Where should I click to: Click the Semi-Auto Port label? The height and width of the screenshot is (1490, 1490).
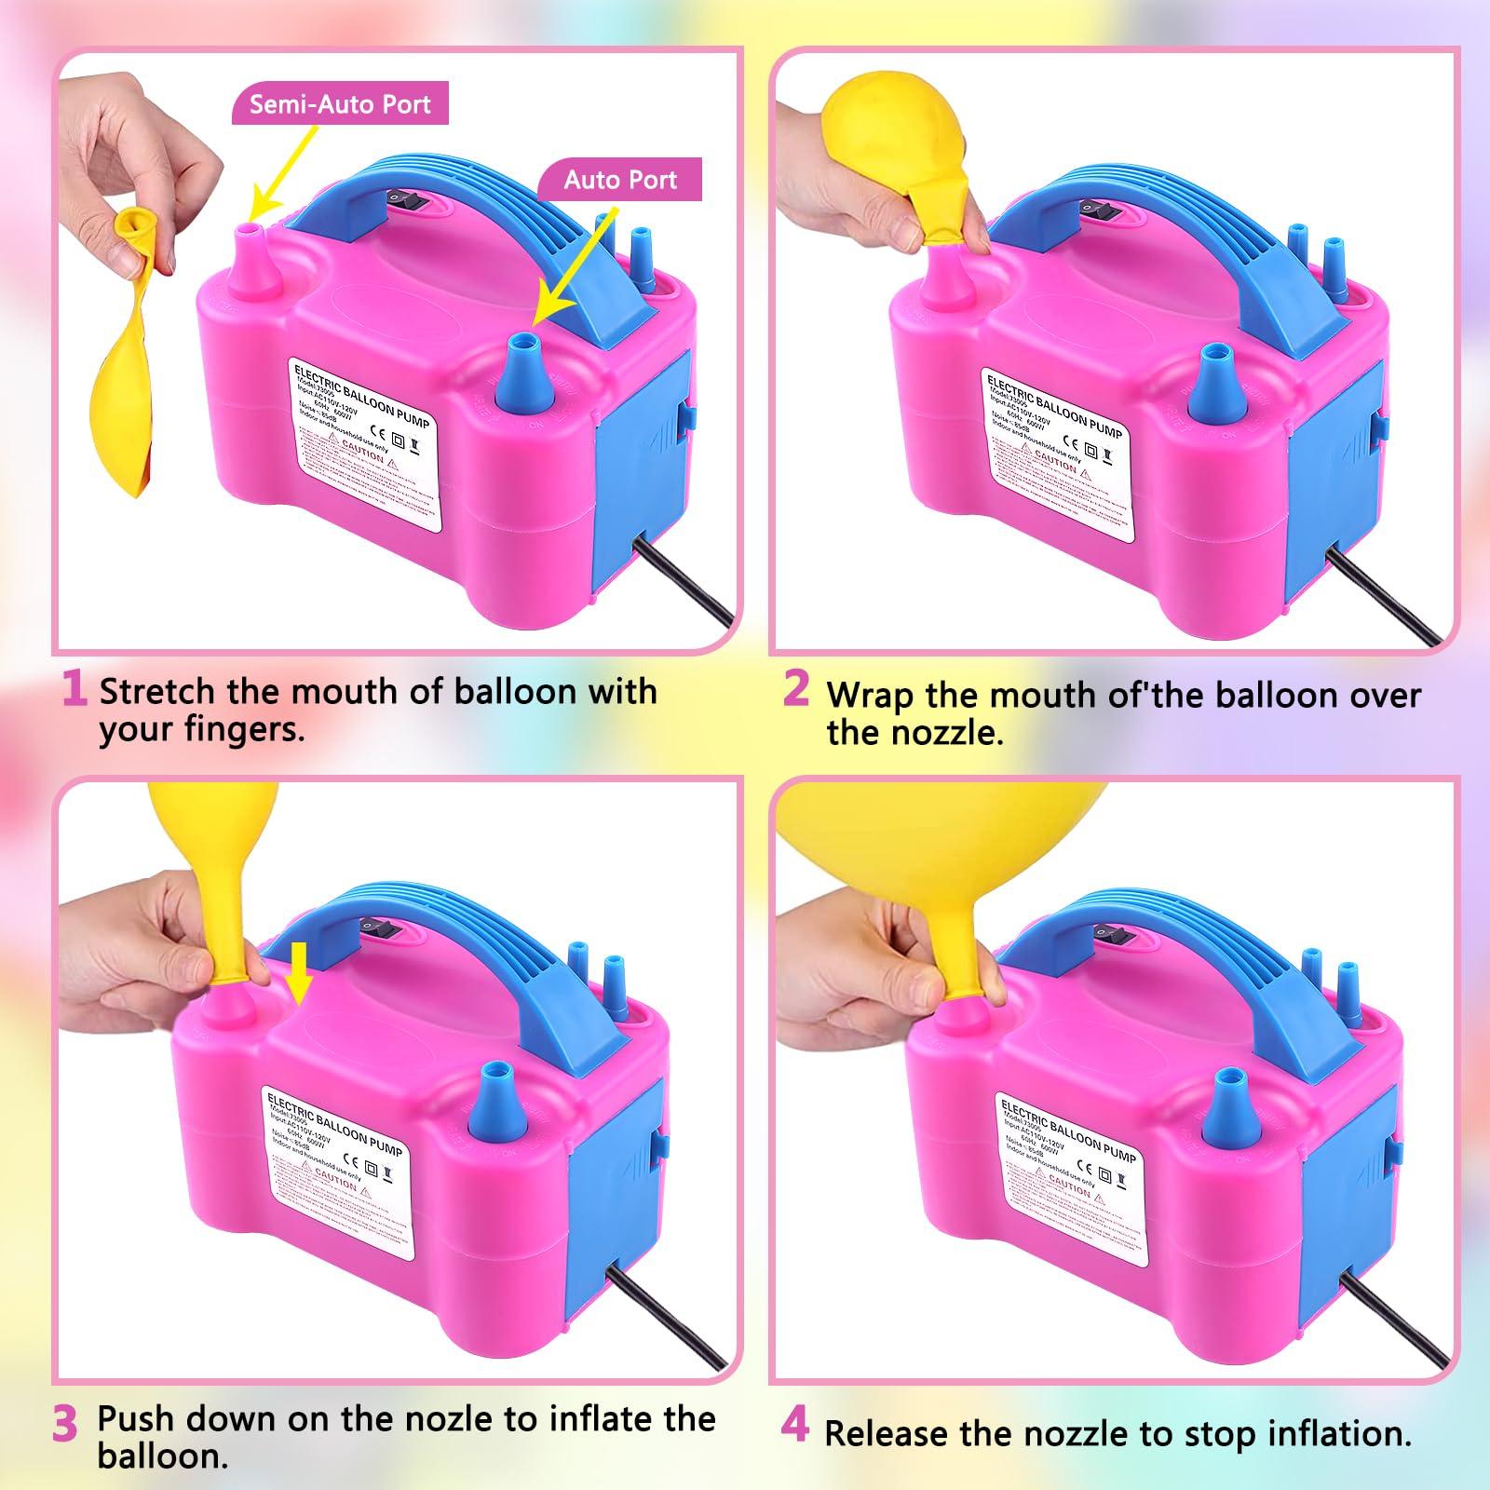tap(340, 103)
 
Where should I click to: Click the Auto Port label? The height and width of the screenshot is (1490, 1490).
tap(620, 180)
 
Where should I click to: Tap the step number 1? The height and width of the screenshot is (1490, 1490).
tap(74, 689)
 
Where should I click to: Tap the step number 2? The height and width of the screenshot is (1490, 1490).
tap(796, 689)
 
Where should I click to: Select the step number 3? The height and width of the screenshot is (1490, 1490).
tap(65, 1426)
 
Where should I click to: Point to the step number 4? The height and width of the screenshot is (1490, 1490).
tap(794, 1426)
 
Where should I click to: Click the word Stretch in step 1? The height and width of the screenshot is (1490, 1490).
tap(156, 692)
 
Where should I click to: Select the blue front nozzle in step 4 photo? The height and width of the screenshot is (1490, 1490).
tap(1222, 1108)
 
